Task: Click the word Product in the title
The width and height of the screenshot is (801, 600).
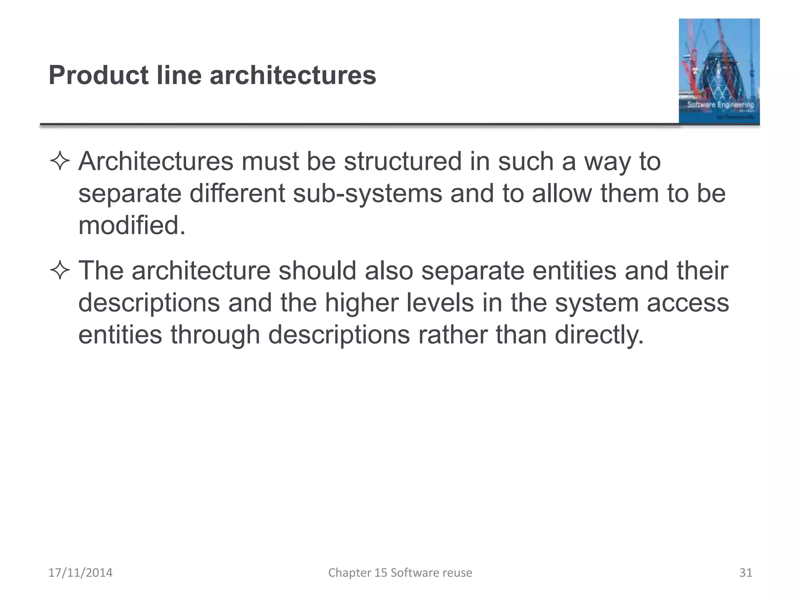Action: pos(98,75)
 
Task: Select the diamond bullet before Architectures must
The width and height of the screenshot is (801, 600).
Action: pos(60,162)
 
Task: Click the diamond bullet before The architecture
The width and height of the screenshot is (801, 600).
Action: pos(60,271)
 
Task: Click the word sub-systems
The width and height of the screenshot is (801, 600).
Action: pos(367,194)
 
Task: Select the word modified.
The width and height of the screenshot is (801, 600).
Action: pos(131,226)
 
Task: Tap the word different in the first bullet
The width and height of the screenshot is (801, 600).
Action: pos(237,194)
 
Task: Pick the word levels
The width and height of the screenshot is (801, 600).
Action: pos(440,303)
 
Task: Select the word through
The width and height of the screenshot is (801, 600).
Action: pos(215,335)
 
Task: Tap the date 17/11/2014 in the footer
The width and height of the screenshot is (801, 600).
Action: pos(80,573)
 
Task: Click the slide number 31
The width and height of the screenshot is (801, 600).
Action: pos(745,573)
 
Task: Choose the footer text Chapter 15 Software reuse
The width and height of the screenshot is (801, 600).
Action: pos(400,573)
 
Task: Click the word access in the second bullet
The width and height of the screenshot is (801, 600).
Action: pos(688,303)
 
